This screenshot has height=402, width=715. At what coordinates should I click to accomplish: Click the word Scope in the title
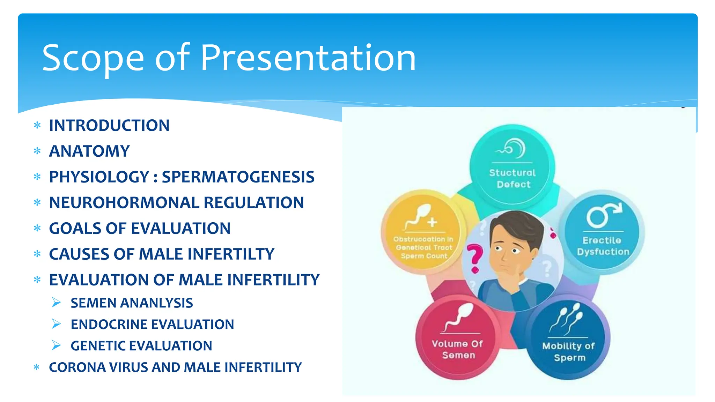coord(93,59)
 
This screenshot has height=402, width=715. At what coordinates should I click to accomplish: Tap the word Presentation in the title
coord(308,58)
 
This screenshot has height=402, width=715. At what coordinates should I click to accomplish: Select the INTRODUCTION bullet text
coord(109,126)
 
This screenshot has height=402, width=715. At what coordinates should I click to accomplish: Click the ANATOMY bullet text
coord(89,151)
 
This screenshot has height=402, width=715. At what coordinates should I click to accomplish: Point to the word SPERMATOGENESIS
coord(238,177)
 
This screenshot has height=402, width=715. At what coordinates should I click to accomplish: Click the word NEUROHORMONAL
coord(124,203)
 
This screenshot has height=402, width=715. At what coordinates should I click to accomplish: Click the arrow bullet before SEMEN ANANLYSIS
coord(56,303)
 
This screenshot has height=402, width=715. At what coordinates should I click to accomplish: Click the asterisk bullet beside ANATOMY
coord(37,151)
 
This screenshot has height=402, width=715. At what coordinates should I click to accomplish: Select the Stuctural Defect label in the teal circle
coord(513,178)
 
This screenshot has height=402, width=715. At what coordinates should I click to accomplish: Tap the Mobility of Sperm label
coord(568,352)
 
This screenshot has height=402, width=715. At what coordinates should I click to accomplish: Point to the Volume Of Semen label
coord(458,349)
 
